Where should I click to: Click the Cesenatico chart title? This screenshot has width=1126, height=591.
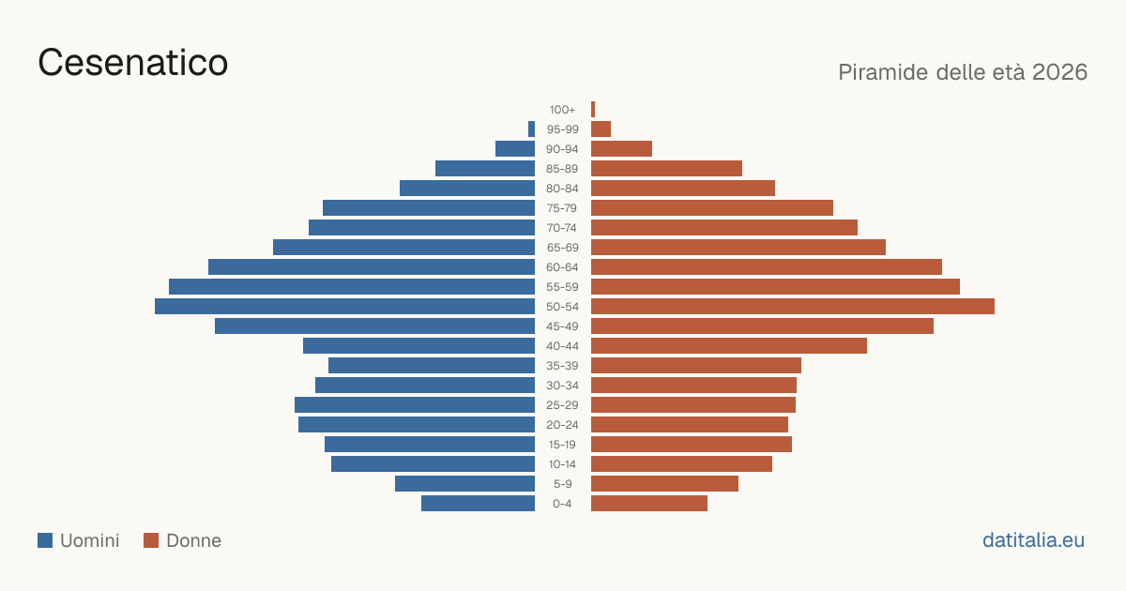132,62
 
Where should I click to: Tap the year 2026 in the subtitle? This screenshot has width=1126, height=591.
1059,72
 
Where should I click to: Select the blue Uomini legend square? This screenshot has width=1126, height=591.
45,540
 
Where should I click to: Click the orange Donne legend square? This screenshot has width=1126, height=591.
151,540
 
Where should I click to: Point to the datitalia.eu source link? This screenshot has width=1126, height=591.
1033,540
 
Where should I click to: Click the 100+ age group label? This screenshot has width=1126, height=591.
562,110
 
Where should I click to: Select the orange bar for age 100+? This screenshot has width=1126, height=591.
593,110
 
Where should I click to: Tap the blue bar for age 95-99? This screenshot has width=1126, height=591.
531,129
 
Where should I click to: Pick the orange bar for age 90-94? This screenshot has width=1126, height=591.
621,149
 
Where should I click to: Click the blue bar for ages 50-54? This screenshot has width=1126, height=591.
345,307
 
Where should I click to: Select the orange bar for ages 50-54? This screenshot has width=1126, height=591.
793,307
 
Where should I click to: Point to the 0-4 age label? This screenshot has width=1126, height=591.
562,504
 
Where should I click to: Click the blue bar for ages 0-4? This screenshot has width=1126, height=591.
478,504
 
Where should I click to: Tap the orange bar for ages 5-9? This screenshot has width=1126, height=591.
664,484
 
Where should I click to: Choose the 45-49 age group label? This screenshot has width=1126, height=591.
562,326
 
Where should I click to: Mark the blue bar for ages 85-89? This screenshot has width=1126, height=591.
485,168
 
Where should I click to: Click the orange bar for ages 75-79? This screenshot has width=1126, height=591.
712,208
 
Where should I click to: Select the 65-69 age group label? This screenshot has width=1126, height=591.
562,248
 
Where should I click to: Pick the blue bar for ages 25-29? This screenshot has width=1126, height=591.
415,405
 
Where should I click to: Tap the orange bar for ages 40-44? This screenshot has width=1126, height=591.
729,346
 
